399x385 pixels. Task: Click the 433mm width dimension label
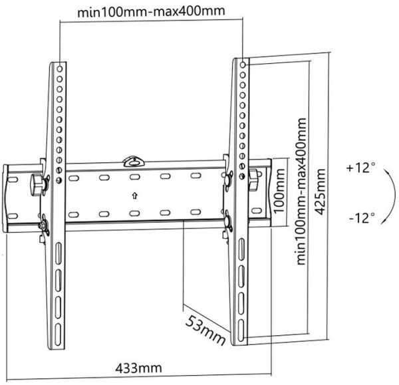pyautogui.click(x=138, y=368)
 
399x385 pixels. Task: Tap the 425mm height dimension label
pyautogui.click(x=320, y=192)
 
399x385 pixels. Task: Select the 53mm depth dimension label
pyautogui.click(x=205, y=330)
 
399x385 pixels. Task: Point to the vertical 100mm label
pyautogui.click(x=279, y=190)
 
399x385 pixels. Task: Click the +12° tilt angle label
pyautogui.click(x=360, y=168)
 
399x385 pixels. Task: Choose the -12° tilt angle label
pyautogui.click(x=362, y=218)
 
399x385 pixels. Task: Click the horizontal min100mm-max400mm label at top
pyautogui.click(x=151, y=11)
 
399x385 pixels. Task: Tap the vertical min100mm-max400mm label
pyautogui.click(x=301, y=191)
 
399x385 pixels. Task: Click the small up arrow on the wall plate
pyautogui.click(x=134, y=195)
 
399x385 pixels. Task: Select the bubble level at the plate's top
pyautogui.click(x=134, y=162)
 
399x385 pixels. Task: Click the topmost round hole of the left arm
pyautogui.click(x=60, y=68)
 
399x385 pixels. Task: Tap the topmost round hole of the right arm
pyautogui.click(x=243, y=65)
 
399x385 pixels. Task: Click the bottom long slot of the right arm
pyautogui.click(x=241, y=328)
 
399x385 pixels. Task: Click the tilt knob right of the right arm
pyautogui.click(x=253, y=180)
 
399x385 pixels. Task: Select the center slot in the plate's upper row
pyautogui.click(x=134, y=177)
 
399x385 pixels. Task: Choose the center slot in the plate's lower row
pyautogui.click(x=134, y=213)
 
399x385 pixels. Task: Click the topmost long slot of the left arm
pyautogui.click(x=59, y=253)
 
